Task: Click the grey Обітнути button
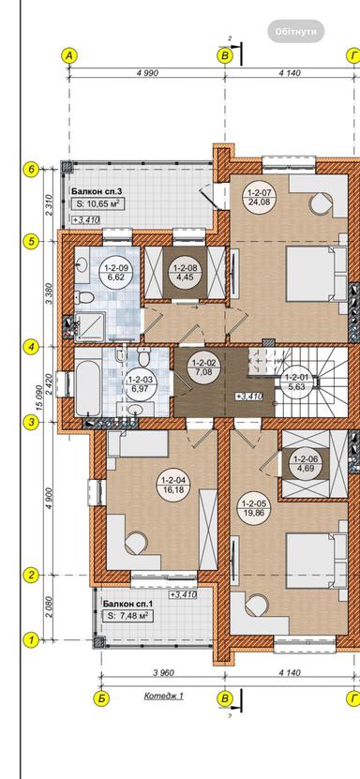(x=296, y=31)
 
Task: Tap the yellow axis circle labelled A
(x=69, y=56)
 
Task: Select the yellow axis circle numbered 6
(x=31, y=169)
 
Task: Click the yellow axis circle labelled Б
(x=101, y=698)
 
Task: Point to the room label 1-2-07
(x=258, y=191)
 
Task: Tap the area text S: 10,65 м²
(x=97, y=203)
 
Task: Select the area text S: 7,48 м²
(x=127, y=615)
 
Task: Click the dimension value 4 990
(x=147, y=73)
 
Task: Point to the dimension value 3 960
(x=163, y=673)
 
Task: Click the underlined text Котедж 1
(x=164, y=696)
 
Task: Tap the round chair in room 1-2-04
(x=136, y=543)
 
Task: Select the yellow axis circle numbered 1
(x=31, y=639)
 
